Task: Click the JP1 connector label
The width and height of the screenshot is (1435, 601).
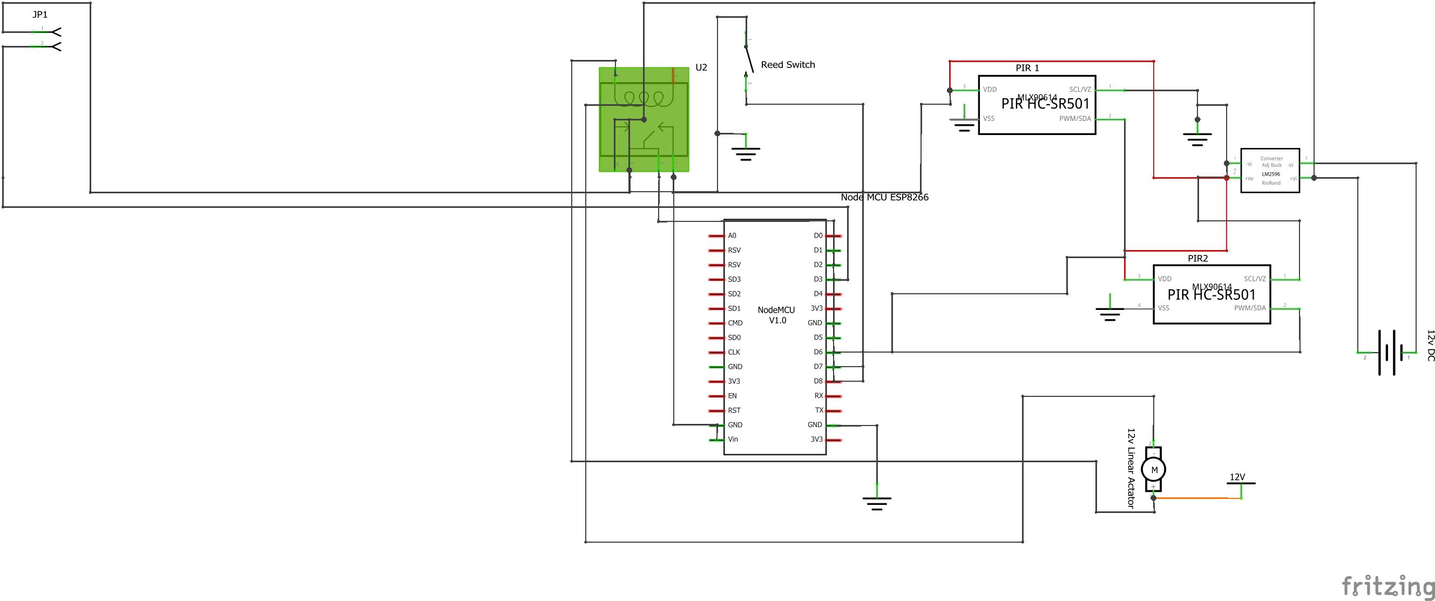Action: (x=39, y=15)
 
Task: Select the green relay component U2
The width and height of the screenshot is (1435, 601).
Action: (x=644, y=120)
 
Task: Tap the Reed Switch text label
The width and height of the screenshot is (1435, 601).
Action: (x=787, y=65)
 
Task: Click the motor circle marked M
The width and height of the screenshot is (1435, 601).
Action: (x=1154, y=470)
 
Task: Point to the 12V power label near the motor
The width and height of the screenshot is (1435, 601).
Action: (x=1237, y=477)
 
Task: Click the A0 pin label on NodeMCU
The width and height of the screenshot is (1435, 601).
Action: (x=732, y=235)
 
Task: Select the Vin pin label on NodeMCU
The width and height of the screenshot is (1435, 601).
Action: (x=733, y=440)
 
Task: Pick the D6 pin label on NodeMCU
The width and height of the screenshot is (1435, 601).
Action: (x=818, y=352)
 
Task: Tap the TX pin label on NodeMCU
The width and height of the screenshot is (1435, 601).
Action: (x=819, y=410)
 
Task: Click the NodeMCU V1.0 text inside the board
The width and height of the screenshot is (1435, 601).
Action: (x=776, y=315)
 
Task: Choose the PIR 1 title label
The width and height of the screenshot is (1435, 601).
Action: (x=1027, y=68)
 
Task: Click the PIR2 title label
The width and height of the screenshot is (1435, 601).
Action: (x=1197, y=259)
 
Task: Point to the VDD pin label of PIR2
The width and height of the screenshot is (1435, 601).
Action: (x=1165, y=279)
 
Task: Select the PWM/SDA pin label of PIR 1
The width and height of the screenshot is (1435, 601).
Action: (x=1074, y=119)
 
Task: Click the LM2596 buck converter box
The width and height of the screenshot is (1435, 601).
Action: (x=1270, y=171)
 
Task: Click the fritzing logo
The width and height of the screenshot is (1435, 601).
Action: (x=1387, y=586)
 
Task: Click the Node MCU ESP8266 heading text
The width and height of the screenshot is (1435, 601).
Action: (x=884, y=197)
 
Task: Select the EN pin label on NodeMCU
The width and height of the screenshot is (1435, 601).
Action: (x=732, y=396)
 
